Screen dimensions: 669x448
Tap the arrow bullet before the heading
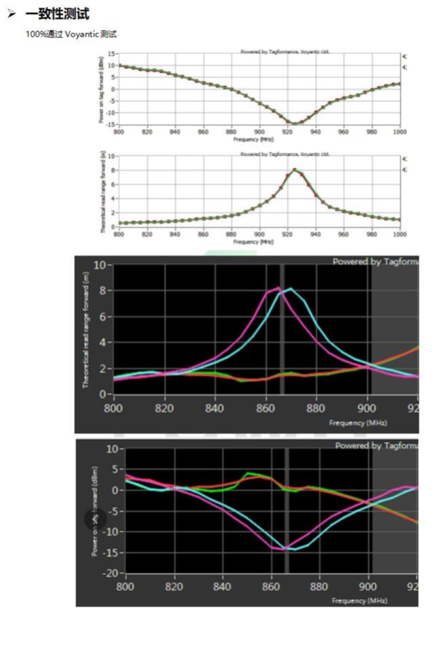pyautogui.click(x=12, y=14)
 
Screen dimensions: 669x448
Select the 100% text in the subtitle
pyautogui.click(x=35, y=34)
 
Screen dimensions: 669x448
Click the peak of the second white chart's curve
pyautogui.click(x=294, y=169)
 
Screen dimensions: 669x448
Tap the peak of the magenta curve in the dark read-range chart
pyautogui.click(x=278, y=288)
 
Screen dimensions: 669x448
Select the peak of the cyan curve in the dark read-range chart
pyautogui.click(x=291, y=289)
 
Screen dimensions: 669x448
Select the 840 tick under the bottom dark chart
pyautogui.click(x=223, y=585)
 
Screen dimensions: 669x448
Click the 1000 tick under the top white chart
pyautogui.click(x=399, y=131)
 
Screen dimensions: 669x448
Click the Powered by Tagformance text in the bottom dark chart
pyautogui.click(x=375, y=445)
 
